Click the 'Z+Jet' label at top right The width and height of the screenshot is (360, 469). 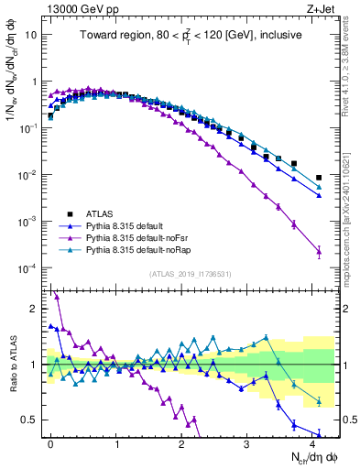(322, 8)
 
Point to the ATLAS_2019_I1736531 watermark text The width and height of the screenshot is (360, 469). (191, 273)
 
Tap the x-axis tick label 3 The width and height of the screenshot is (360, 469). (247, 442)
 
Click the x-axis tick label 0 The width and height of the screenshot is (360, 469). (50, 442)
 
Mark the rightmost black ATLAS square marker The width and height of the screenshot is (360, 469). (319, 178)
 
